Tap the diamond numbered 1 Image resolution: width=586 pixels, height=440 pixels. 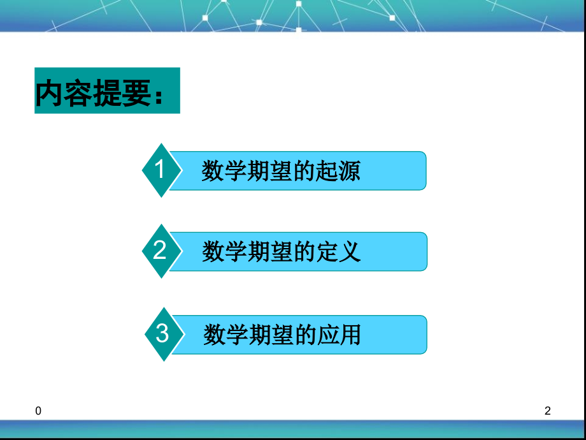(161, 170)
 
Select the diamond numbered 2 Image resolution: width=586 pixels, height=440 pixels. (160, 251)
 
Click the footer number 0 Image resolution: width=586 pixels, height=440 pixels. (39, 412)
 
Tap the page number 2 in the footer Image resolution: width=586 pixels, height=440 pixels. (547, 412)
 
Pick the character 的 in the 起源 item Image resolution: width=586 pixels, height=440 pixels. (304, 171)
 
